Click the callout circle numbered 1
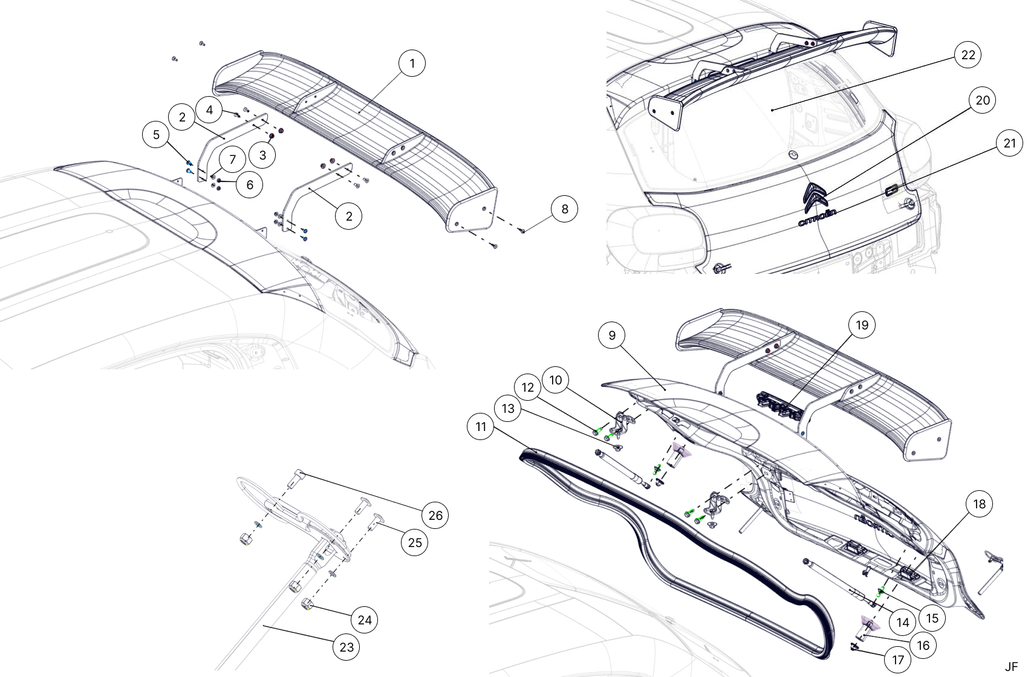[412, 63]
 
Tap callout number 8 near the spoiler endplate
[564, 209]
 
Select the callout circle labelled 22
[968, 55]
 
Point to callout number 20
[983, 100]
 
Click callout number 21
[1010, 144]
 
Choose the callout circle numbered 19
[862, 325]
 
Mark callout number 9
[612, 335]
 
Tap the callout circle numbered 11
[481, 427]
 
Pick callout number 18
[979, 504]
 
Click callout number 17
[897, 660]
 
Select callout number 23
[346, 647]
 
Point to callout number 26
[435, 516]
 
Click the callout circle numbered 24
[365, 620]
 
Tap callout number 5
[156, 135]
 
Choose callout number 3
[262, 155]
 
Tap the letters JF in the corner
[1011, 667]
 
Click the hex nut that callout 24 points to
[307, 604]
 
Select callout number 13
[507, 408]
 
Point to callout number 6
[250, 185]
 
